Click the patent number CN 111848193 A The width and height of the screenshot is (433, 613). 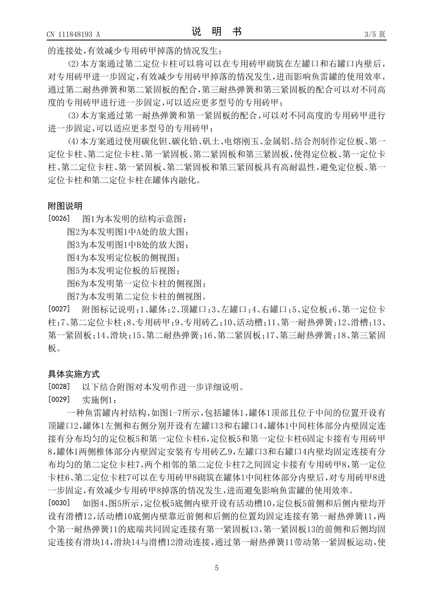pos(73,34)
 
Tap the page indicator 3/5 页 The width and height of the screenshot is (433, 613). pos(375,34)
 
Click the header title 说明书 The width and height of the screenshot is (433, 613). pos(216,32)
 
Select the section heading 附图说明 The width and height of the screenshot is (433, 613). pos(65,206)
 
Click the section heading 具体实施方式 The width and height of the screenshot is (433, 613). pos(74,374)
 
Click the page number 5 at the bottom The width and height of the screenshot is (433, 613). pos(216,568)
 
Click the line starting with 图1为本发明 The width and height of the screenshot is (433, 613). pos(134,219)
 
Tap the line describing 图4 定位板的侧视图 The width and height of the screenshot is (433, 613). pos(124,258)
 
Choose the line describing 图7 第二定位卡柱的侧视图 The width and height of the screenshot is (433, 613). pos(137,296)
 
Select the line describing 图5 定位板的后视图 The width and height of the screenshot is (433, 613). pos(124,271)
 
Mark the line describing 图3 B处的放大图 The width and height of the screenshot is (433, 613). pos(128,245)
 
